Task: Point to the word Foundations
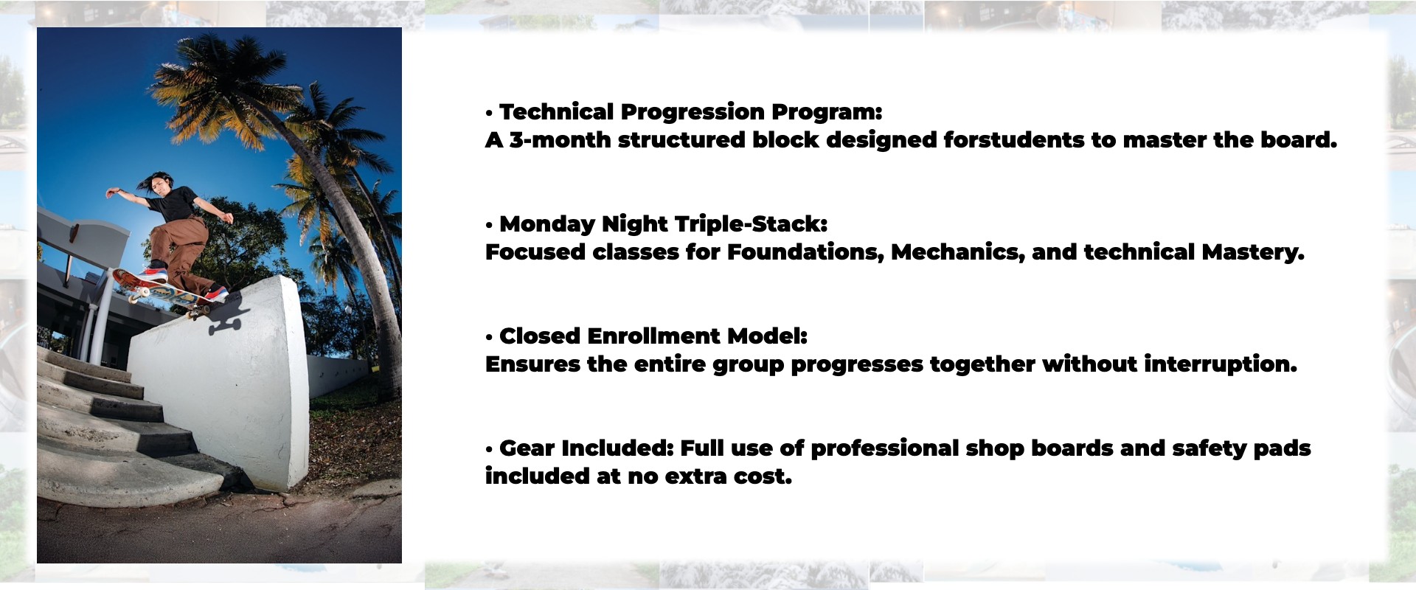point(806,252)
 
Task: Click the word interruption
point(1221,364)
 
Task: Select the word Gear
point(527,448)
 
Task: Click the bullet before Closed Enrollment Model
point(489,338)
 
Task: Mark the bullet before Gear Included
point(489,450)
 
